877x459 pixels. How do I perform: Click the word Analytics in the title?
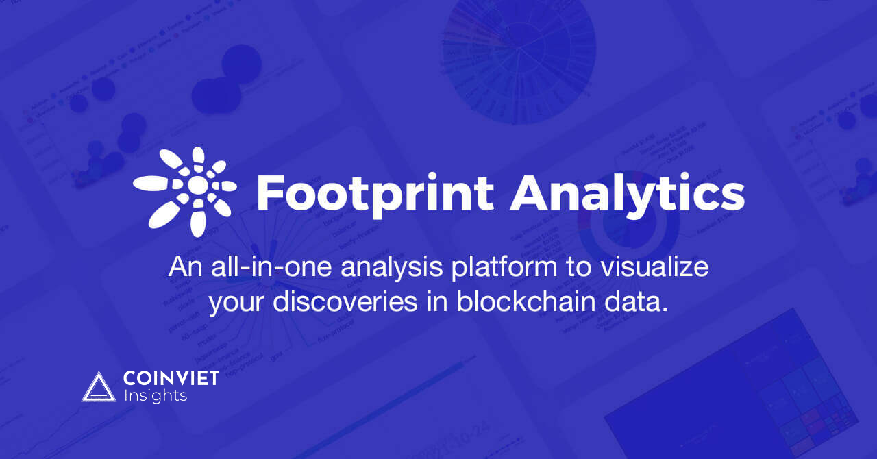pyautogui.click(x=627, y=193)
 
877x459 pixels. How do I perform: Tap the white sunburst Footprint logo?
pyautogui.click(x=185, y=188)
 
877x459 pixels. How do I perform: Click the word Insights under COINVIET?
pyautogui.click(x=156, y=395)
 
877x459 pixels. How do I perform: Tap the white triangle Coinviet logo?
pyautogui.click(x=99, y=387)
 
